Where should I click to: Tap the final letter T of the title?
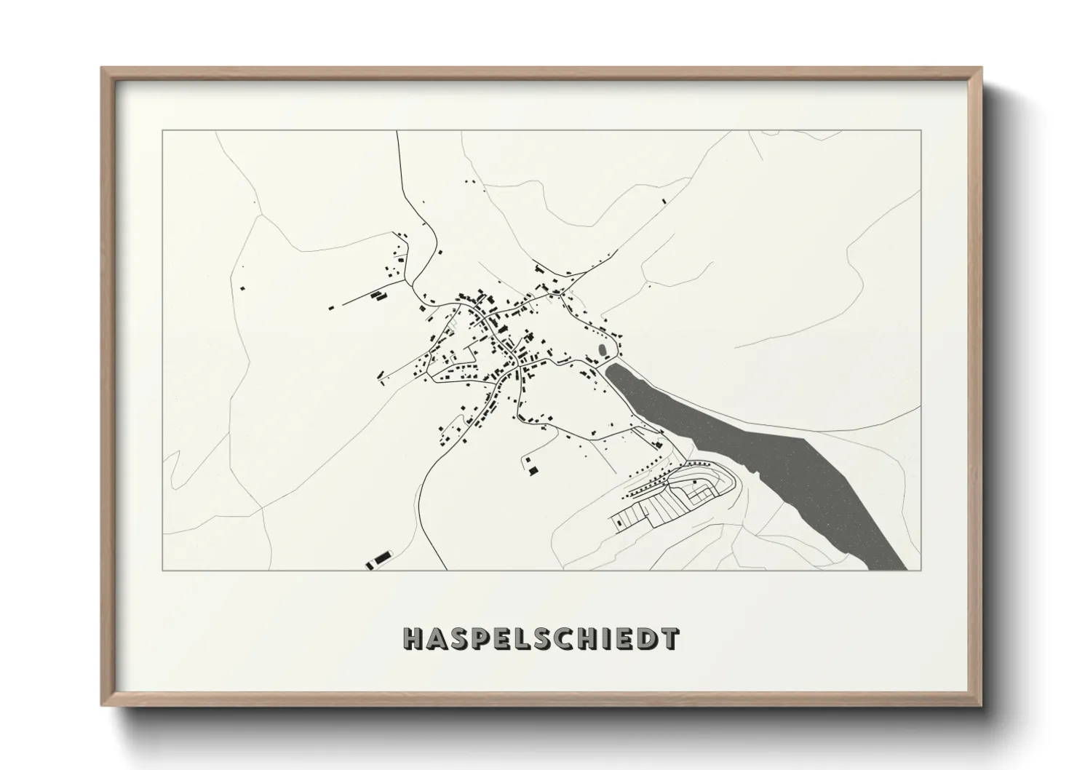[669, 639]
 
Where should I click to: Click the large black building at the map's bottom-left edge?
[380, 559]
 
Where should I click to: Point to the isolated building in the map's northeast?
[662, 202]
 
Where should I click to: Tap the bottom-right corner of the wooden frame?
[982, 704]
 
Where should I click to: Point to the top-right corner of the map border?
[921, 130]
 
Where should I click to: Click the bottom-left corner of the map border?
[162, 571]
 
